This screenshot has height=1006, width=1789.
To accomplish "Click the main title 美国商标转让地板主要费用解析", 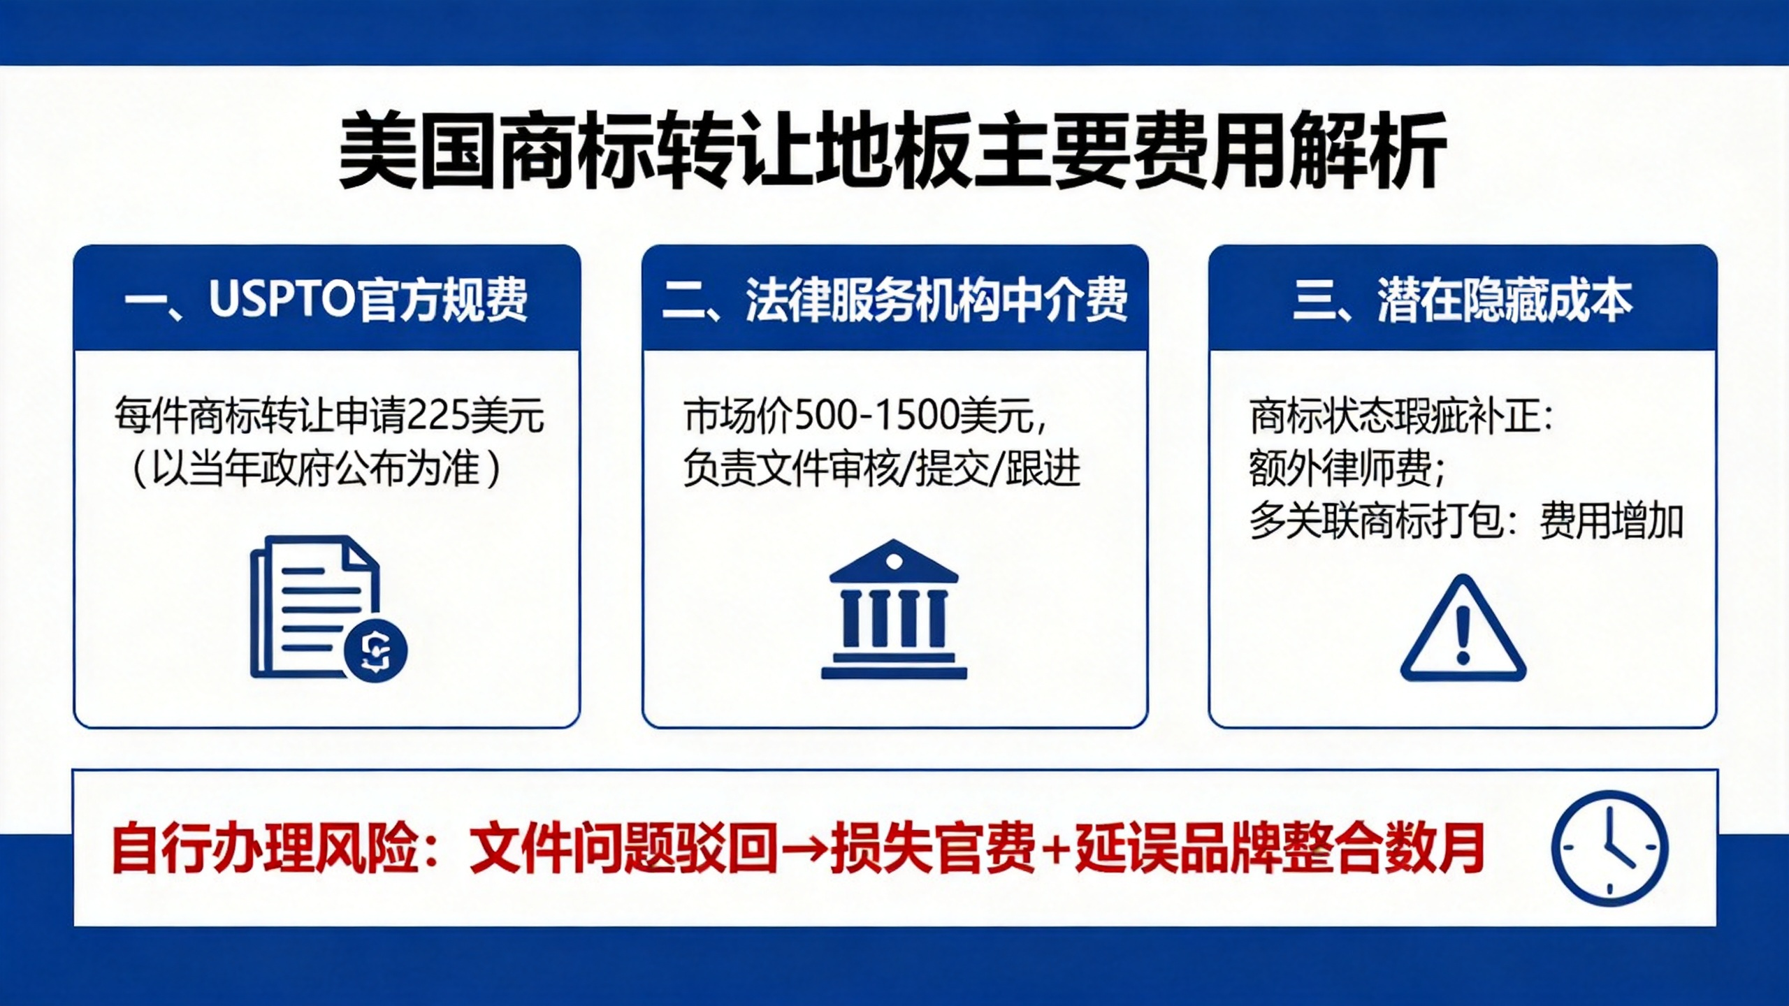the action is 892,152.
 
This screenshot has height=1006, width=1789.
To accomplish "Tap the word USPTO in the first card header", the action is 283,299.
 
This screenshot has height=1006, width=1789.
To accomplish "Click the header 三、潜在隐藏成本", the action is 1462,300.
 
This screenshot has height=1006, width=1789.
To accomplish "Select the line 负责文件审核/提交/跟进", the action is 882,469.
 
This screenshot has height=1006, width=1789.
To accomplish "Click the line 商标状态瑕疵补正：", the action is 1400,416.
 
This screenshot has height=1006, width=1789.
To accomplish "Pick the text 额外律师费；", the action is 1347,469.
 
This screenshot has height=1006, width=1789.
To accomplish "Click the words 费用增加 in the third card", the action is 1611,521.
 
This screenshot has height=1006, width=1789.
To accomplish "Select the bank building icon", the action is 894,609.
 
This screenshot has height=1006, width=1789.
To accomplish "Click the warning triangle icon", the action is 1463,628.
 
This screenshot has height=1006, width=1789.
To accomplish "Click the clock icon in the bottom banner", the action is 1609,848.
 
